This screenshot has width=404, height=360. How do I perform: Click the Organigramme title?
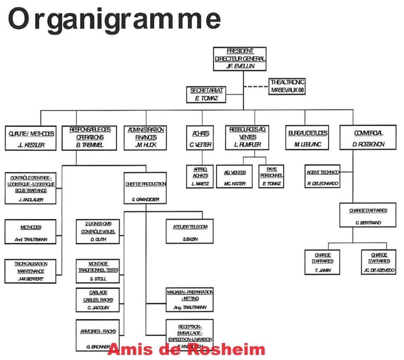(114, 19)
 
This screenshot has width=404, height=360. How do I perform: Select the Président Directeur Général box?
(239, 59)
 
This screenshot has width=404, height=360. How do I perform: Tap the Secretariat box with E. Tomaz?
(206, 94)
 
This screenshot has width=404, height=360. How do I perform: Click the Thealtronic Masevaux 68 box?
(288, 86)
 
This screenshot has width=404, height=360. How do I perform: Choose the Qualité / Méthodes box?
(31, 137)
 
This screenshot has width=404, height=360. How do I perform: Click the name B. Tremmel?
(90, 145)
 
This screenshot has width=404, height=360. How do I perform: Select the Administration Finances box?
(146, 137)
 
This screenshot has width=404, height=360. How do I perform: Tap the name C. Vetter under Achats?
(201, 145)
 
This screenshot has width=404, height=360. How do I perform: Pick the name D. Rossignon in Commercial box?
(369, 145)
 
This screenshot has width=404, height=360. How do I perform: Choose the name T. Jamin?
(322, 271)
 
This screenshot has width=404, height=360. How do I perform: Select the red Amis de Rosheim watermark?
(186, 349)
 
